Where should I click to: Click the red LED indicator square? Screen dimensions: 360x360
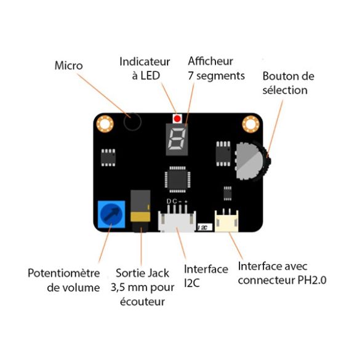[x=178, y=118]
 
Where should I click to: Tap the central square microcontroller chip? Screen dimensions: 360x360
[x=177, y=180]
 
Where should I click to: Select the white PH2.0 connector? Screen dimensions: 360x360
[x=226, y=220]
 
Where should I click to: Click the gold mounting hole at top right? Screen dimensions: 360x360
[x=250, y=124]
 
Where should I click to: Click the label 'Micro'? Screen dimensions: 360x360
[x=68, y=65]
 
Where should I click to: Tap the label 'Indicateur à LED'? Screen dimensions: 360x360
[x=145, y=68]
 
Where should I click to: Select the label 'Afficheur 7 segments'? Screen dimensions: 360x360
[x=216, y=68]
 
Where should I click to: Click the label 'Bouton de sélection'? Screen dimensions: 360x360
[x=288, y=83]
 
